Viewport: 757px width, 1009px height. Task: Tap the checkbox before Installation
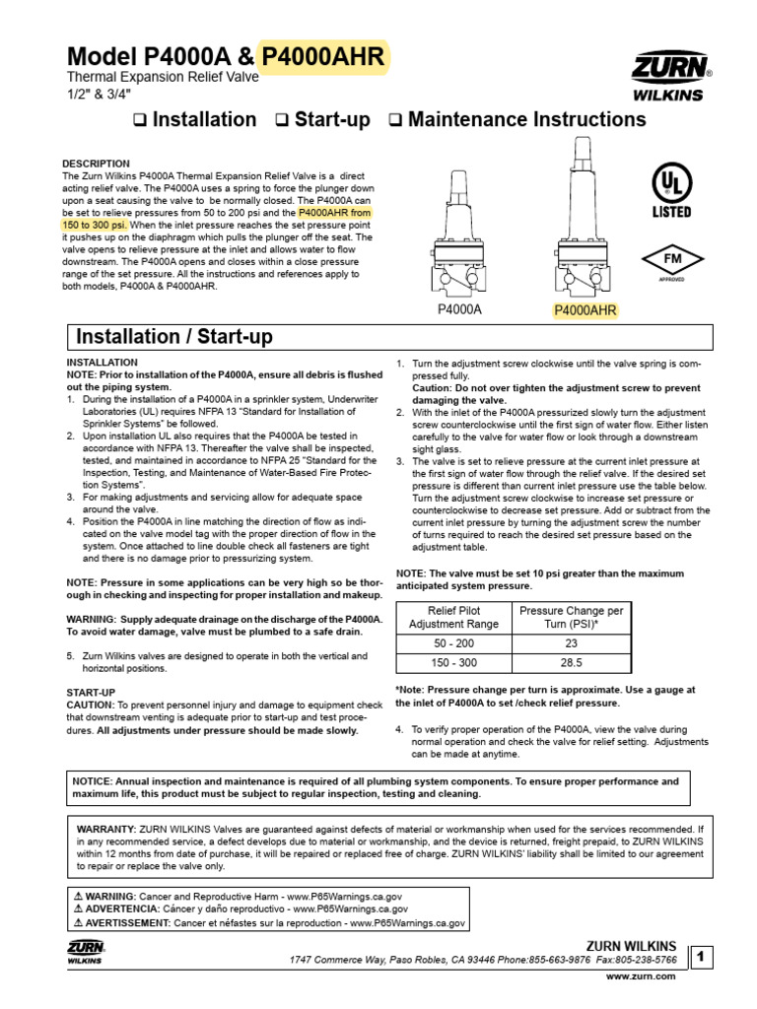(139, 121)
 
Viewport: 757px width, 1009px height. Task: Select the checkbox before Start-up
(282, 121)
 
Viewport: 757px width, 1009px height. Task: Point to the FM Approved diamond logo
(670, 261)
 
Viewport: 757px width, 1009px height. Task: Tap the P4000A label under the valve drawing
(459, 309)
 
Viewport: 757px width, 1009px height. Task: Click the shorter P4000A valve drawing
(459, 236)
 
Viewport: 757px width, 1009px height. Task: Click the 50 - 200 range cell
(452, 642)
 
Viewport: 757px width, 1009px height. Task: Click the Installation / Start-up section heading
(175, 337)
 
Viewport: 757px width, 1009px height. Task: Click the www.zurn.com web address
(641, 975)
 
